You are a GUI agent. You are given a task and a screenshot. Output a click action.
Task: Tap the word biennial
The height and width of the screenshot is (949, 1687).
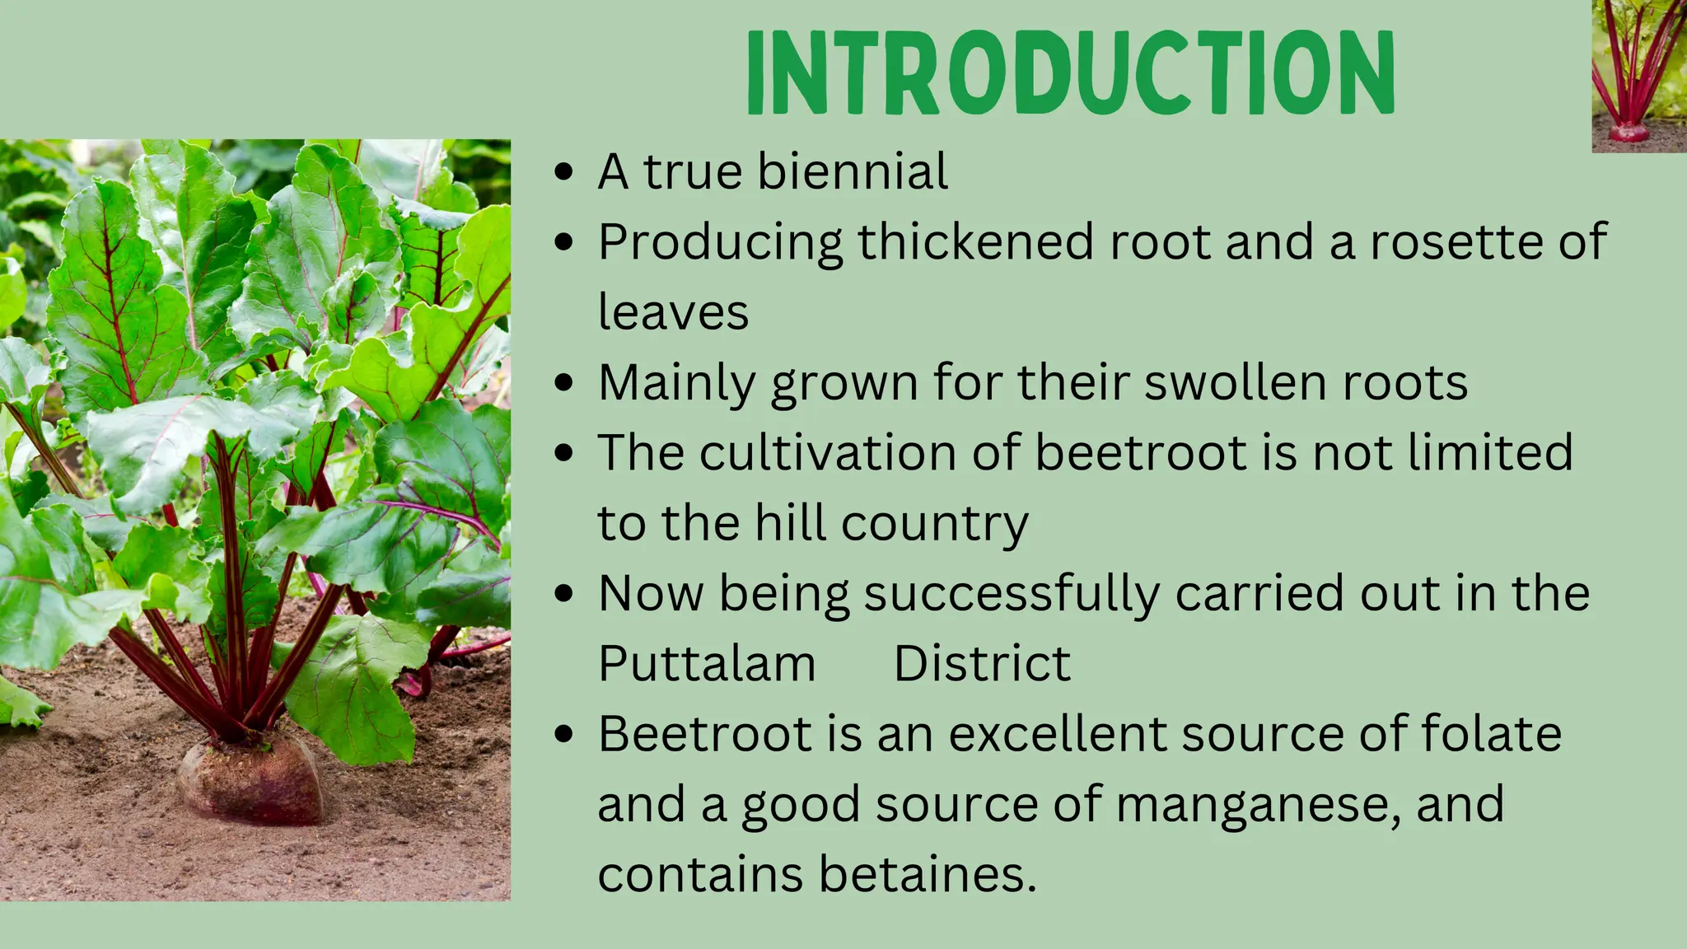click(x=853, y=171)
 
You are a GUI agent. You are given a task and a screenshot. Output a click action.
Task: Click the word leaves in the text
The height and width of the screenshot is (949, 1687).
click(x=673, y=312)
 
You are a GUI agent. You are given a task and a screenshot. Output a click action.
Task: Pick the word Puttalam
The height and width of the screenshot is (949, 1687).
click(x=707, y=663)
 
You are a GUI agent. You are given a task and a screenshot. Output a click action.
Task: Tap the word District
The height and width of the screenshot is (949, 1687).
click(x=982, y=663)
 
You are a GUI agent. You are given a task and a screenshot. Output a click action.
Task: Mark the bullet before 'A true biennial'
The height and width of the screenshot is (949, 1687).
click(x=564, y=173)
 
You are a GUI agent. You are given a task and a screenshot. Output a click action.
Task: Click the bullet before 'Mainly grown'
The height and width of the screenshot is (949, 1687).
click(x=564, y=383)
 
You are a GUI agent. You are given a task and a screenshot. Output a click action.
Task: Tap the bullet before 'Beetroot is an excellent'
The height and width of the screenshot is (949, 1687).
click(x=564, y=734)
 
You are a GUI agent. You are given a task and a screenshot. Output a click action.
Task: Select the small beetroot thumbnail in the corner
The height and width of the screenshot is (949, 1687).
click(x=1638, y=76)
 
